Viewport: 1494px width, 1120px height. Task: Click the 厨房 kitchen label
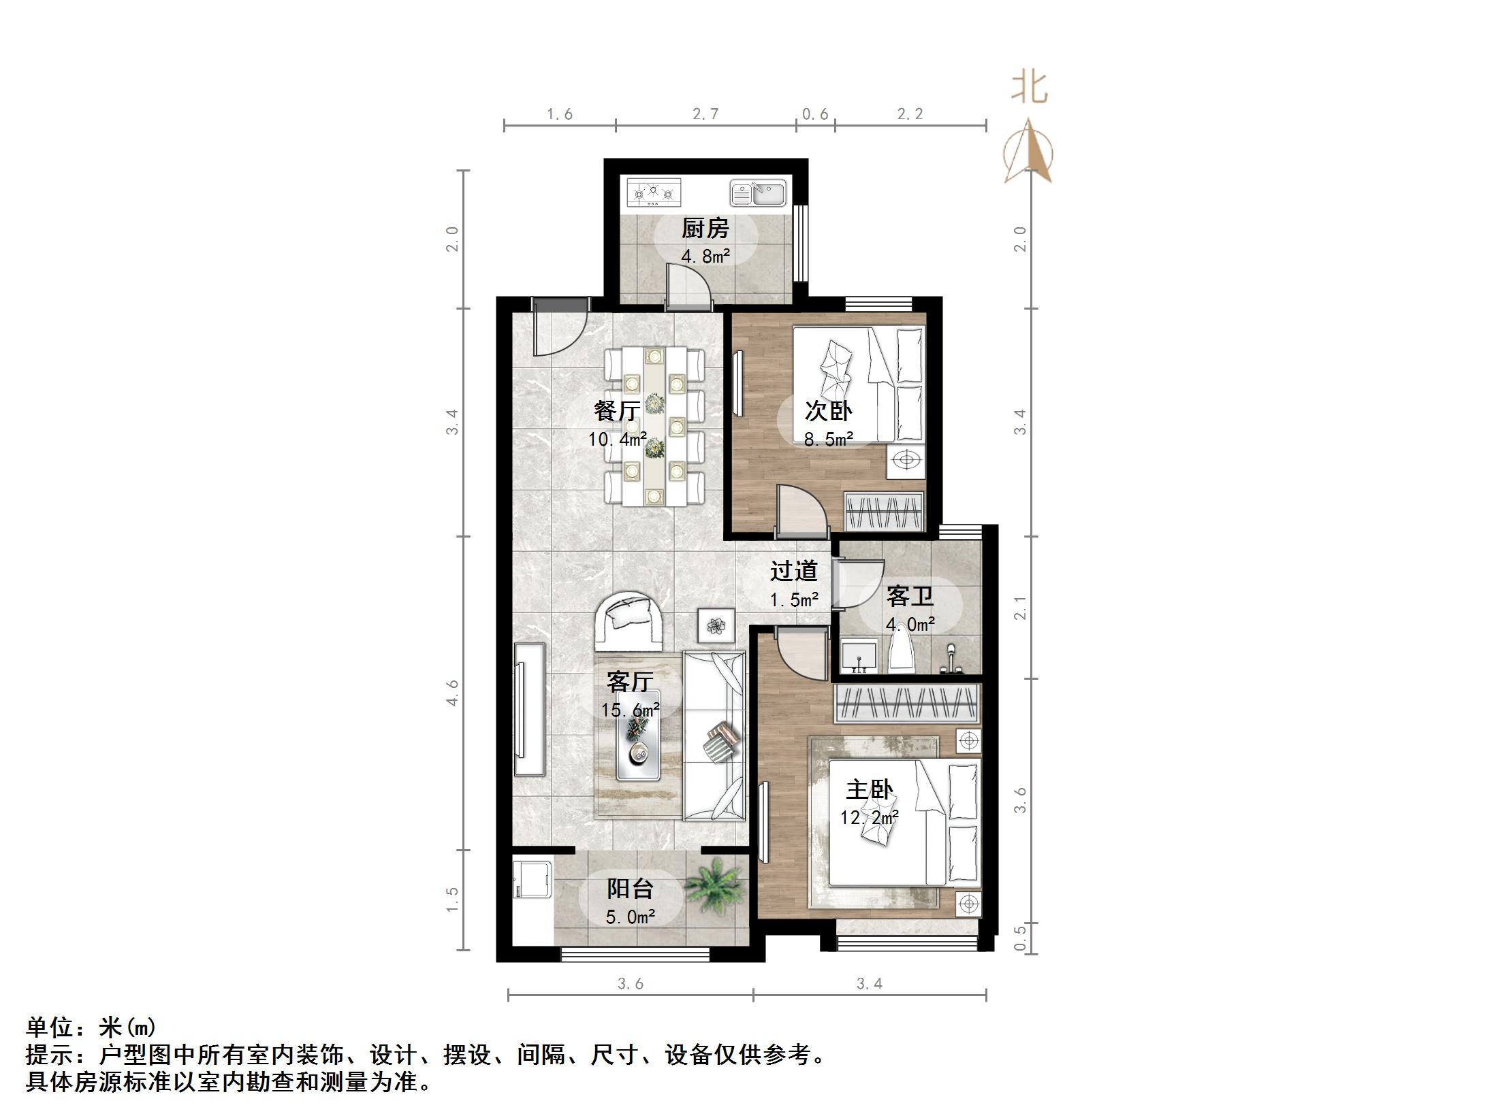click(x=705, y=229)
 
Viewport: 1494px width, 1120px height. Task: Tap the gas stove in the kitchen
click(x=654, y=192)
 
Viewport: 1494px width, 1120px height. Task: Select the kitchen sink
click(x=758, y=193)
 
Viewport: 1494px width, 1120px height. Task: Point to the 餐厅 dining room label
click(x=616, y=411)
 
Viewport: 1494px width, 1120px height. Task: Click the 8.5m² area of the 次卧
click(x=828, y=440)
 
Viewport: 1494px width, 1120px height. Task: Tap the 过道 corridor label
click(x=793, y=571)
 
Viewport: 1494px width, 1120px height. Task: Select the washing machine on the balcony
click(x=532, y=883)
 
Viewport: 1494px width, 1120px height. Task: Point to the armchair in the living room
click(x=154, y=621)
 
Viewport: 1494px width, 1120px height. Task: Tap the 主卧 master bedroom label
click(x=869, y=790)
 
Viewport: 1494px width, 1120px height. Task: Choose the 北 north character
click(x=1028, y=88)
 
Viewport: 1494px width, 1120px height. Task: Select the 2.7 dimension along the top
click(x=705, y=114)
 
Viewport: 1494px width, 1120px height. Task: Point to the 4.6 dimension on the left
click(x=452, y=693)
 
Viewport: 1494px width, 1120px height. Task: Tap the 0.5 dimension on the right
click(x=1019, y=938)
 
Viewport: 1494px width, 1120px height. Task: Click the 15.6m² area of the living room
click(x=630, y=710)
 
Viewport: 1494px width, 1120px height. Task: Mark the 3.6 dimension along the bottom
click(x=631, y=983)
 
